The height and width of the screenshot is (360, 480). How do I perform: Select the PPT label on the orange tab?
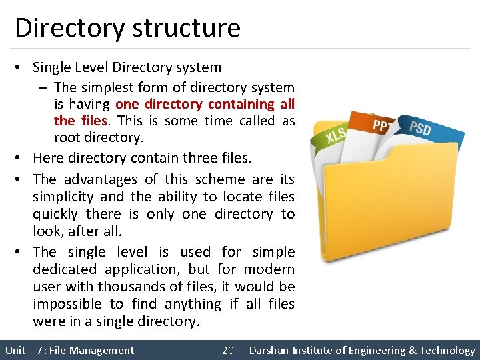[x=383, y=125]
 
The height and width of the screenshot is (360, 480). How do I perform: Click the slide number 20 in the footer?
[x=227, y=350]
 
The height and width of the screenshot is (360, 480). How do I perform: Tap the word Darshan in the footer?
[x=271, y=350]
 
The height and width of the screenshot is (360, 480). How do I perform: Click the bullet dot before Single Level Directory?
[x=21, y=67]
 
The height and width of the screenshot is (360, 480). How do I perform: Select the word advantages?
[x=101, y=179]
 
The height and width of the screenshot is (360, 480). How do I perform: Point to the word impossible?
[x=69, y=304]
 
